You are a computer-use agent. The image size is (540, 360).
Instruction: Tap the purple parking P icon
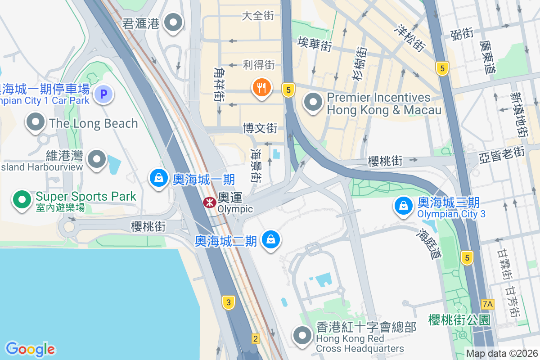tap(103, 94)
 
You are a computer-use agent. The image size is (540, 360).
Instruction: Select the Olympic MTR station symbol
tap(209, 202)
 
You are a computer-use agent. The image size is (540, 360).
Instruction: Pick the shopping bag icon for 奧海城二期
tap(270, 239)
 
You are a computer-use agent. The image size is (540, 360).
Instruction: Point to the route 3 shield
tap(229, 302)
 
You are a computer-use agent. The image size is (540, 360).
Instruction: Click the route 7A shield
tap(487, 304)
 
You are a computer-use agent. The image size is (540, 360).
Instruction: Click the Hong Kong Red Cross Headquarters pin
tap(303, 336)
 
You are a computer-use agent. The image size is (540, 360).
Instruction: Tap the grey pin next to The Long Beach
tap(35, 122)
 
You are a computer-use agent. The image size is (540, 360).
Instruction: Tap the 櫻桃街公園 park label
tap(459, 320)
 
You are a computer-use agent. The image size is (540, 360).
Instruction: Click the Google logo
tap(30, 349)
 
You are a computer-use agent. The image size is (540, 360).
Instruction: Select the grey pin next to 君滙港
tap(173, 22)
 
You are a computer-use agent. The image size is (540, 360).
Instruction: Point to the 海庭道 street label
tap(429, 244)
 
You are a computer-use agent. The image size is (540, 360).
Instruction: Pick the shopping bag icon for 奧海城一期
tap(158, 178)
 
